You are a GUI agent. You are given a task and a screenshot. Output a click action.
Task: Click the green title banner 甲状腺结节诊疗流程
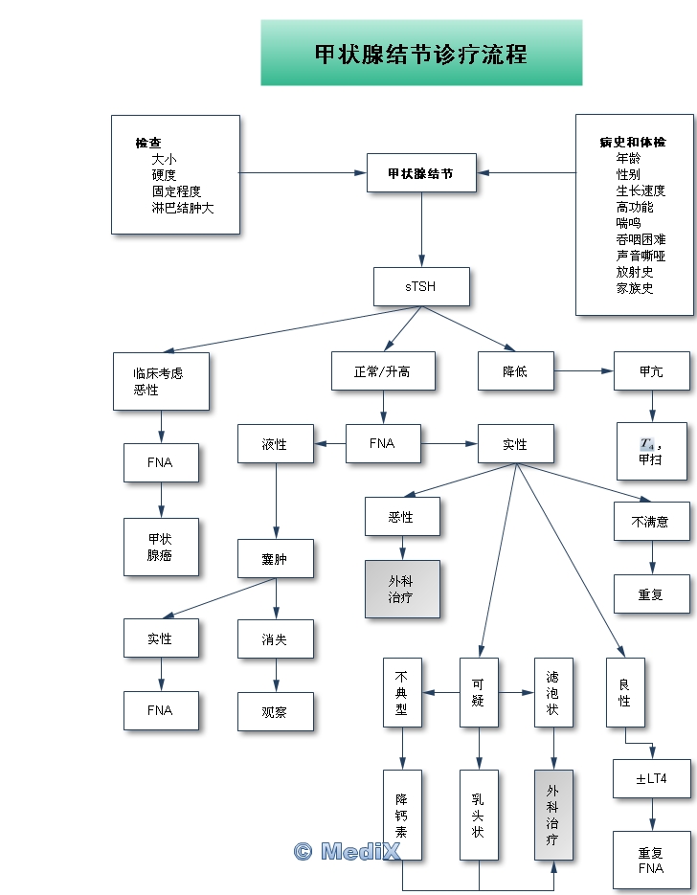click(421, 54)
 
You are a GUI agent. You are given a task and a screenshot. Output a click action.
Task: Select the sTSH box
click(421, 286)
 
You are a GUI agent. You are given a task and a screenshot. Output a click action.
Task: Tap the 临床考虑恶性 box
click(160, 381)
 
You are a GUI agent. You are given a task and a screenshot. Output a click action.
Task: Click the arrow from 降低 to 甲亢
click(584, 370)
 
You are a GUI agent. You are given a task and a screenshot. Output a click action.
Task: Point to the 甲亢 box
click(651, 370)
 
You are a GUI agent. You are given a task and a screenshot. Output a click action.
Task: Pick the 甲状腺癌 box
click(161, 547)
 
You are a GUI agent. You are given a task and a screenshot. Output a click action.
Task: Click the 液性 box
click(276, 444)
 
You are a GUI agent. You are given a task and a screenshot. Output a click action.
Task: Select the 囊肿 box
click(276, 559)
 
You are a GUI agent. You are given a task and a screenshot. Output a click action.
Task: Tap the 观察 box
click(276, 711)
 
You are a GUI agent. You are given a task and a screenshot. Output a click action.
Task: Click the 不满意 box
click(651, 522)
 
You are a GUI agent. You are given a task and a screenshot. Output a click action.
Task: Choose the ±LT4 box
click(651, 778)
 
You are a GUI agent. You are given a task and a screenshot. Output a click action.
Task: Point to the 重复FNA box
click(651, 860)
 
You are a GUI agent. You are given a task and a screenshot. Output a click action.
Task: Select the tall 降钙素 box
click(402, 817)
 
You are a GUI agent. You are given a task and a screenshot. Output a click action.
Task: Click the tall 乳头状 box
click(479, 817)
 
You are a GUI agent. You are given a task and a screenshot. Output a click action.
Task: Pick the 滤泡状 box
click(553, 692)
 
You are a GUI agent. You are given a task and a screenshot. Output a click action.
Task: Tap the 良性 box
click(625, 692)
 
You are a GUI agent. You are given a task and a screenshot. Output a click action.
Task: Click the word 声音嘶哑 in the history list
click(641, 256)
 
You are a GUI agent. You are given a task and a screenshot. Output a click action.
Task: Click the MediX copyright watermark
click(347, 851)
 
